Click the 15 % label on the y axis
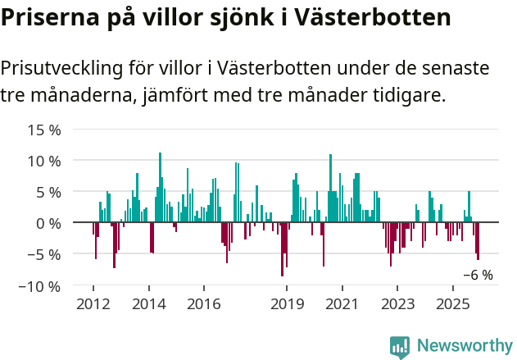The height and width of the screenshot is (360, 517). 44,130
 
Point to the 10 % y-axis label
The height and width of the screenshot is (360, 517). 44,161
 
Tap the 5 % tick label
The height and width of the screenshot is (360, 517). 48,192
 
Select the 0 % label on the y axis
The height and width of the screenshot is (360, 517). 48,223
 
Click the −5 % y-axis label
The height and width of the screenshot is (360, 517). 44,254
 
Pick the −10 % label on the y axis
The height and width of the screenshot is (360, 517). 40,286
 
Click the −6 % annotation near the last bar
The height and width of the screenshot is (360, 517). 478,276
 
